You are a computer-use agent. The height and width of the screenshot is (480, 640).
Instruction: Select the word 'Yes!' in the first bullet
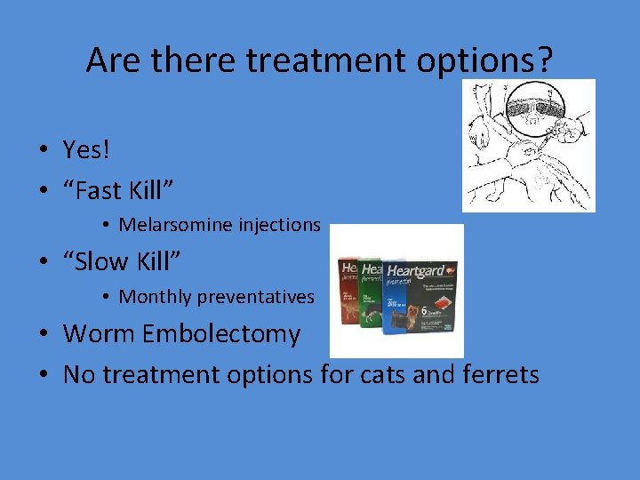point(86,149)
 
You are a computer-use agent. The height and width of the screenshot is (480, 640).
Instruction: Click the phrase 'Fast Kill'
point(118,188)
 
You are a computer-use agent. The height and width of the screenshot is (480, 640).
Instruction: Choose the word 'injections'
point(276,225)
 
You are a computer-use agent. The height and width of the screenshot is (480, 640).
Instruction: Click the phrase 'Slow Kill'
point(123,261)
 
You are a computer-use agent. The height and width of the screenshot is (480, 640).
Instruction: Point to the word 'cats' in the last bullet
point(384,374)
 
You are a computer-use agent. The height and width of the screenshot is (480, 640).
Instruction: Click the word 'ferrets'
point(501,374)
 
